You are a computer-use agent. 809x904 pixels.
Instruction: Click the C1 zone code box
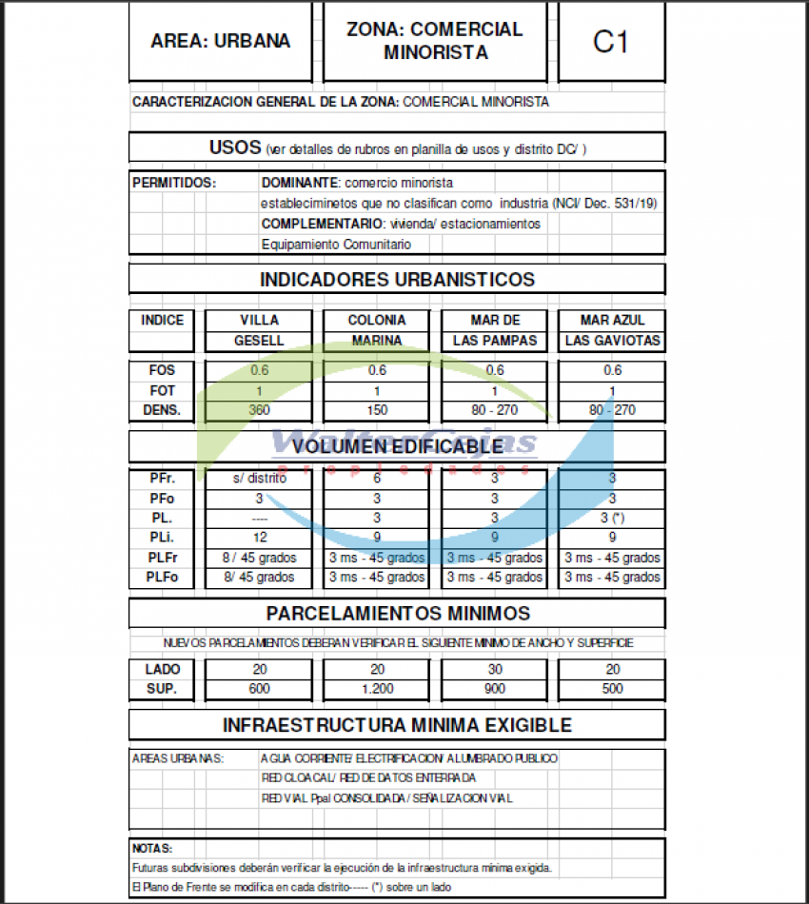(610, 42)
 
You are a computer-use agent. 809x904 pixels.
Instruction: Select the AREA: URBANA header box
(220, 42)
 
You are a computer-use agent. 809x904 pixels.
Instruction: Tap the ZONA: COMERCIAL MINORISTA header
(435, 42)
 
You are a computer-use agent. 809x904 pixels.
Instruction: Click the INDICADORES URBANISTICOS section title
(397, 280)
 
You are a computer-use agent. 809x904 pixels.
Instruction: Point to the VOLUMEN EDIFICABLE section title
(397, 446)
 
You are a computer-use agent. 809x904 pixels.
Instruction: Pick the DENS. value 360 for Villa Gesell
(259, 410)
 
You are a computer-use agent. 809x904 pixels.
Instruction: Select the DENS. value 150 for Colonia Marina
(377, 410)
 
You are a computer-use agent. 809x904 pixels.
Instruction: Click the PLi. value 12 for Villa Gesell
(259, 538)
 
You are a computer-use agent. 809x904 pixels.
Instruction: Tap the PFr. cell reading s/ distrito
(259, 479)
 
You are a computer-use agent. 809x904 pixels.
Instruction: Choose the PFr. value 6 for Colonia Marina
(377, 479)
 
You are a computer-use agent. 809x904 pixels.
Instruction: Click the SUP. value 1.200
(377, 689)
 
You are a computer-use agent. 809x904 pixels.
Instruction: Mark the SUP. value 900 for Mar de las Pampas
(495, 689)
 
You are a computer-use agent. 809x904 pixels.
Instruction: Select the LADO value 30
(495, 670)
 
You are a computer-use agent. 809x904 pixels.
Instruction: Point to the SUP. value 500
(612, 689)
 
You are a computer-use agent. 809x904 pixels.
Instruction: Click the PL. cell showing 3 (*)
(612, 519)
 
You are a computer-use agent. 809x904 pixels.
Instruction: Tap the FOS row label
(162, 371)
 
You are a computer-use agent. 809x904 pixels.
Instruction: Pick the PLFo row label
(162, 578)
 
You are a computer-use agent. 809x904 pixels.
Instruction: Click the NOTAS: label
(152, 848)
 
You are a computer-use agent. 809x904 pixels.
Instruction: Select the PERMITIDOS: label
(174, 182)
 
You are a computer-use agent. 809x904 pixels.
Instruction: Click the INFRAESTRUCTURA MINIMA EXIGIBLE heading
(397, 725)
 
